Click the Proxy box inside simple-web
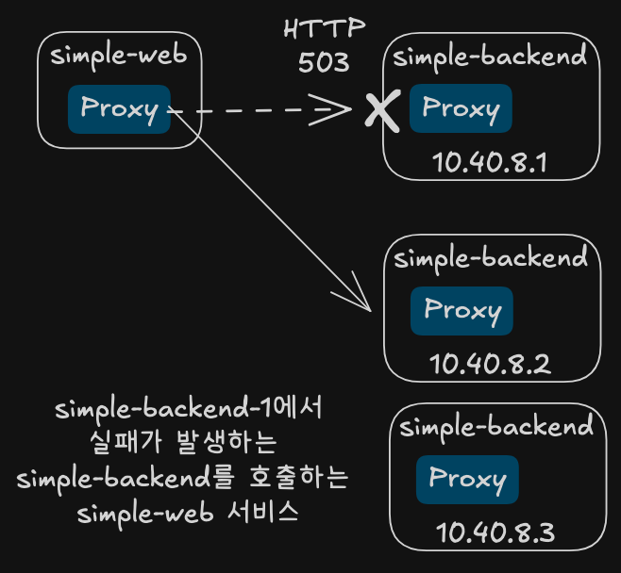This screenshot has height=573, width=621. point(119,109)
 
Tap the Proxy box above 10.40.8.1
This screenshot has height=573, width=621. point(461,108)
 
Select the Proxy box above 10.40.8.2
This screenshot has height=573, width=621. point(462,311)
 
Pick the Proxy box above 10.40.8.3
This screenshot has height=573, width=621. point(467,480)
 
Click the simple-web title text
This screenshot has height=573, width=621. point(118,56)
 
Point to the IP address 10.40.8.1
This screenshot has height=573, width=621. point(490,162)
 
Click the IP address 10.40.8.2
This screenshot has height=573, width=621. point(491,364)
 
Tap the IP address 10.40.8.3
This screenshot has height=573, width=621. point(495,532)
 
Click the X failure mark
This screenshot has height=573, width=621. point(382,109)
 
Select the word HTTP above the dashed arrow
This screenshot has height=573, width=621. point(325,28)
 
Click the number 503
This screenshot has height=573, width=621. point(324,62)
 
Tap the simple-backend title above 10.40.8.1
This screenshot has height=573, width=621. point(490,57)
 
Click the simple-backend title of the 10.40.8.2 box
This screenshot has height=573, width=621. point(491,258)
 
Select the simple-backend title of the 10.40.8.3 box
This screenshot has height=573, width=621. point(496,427)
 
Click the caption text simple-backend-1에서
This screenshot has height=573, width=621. point(189,409)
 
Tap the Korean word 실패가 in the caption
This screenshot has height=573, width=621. point(126,442)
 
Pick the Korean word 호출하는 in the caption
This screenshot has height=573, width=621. point(298,477)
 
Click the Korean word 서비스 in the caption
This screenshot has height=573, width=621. point(262,512)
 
